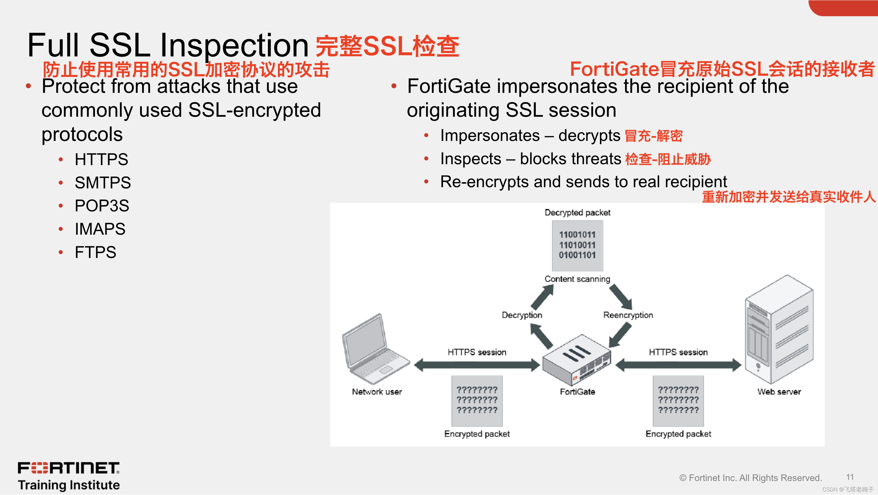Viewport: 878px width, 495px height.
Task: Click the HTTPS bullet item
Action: coord(101,159)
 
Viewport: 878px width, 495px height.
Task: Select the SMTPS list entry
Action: coord(103,183)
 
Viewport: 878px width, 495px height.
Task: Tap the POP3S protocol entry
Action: coord(102,206)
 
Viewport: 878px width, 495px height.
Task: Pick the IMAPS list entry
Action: coord(100,229)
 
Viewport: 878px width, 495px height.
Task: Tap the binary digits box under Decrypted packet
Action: coord(577,245)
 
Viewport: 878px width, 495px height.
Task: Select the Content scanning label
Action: coord(577,279)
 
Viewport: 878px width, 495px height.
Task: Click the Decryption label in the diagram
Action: coord(522,315)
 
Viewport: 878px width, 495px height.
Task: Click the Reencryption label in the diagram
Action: coord(628,315)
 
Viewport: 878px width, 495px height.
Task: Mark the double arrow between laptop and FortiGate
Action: coord(477,365)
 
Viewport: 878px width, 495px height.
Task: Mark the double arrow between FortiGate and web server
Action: coord(678,365)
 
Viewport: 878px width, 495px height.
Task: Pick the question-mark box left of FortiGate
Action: coord(477,401)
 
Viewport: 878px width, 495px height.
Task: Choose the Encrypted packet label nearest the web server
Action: coord(678,434)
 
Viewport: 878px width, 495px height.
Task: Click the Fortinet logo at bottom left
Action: coord(68,468)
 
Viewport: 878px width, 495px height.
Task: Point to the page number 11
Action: coord(850,477)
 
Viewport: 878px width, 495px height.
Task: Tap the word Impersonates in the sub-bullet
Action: coord(490,136)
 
